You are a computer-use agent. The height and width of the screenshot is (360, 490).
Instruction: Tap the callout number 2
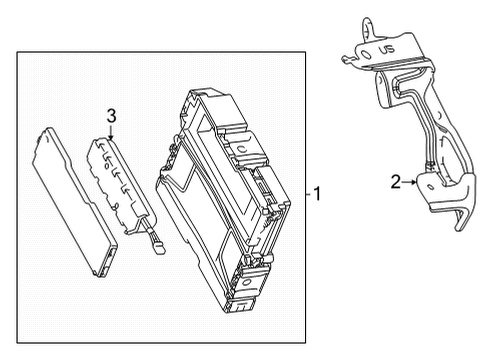point(397,181)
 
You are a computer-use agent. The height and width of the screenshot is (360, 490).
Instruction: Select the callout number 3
point(112,115)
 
